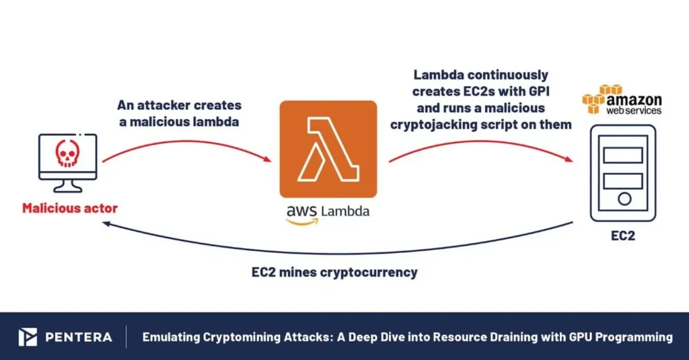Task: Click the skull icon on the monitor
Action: pyautogui.click(x=66, y=154)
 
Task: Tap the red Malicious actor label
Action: pyautogui.click(x=69, y=209)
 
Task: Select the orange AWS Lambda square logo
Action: pyautogui.click(x=328, y=149)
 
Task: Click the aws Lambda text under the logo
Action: pyautogui.click(x=328, y=211)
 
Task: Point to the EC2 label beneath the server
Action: pyautogui.click(x=622, y=237)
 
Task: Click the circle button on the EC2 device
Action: pyautogui.click(x=623, y=199)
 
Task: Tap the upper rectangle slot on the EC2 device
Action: pyautogui.click(x=623, y=155)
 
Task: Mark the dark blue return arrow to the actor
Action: pyautogui.click(x=336, y=252)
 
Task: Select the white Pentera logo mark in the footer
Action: pyautogui.click(x=28, y=337)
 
